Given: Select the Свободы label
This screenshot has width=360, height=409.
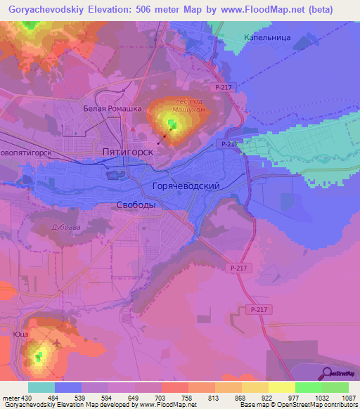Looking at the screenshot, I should click(135, 204).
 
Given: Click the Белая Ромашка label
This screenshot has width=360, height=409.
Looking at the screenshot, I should click(112, 109).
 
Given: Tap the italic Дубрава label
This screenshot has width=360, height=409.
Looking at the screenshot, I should click(67, 228).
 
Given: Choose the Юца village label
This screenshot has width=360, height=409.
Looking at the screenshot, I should click(20, 336).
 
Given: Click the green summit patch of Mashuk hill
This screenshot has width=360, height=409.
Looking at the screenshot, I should click(172, 124).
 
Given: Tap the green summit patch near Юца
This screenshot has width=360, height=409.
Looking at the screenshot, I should click(39, 356).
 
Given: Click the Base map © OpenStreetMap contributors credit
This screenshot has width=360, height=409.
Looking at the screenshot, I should click(297, 404).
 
